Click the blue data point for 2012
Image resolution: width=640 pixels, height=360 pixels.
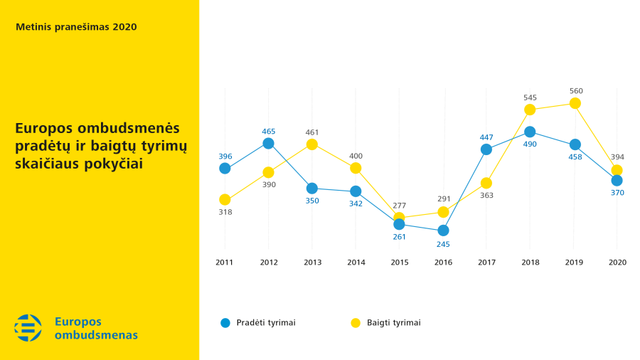click(x=268, y=143)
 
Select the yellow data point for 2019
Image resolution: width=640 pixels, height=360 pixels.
click(x=575, y=104)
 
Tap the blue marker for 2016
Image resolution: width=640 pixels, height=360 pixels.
click(x=443, y=231)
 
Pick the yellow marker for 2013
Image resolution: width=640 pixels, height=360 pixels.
click(x=311, y=144)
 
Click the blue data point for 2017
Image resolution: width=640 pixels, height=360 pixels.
click(x=486, y=149)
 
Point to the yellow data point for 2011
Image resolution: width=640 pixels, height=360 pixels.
click(x=225, y=200)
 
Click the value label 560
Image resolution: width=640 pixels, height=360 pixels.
click(x=576, y=91)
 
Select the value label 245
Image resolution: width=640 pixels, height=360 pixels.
click(x=443, y=244)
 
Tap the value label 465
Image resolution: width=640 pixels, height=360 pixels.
click(x=268, y=131)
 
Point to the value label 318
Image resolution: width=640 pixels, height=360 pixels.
click(x=225, y=212)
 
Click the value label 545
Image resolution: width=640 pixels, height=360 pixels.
click(x=530, y=97)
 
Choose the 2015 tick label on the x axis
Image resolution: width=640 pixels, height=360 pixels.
click(x=400, y=263)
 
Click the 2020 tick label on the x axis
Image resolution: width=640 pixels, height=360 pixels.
click(x=617, y=263)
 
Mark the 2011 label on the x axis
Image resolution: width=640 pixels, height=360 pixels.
click(x=225, y=263)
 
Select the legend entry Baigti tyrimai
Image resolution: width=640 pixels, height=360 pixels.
click(x=393, y=322)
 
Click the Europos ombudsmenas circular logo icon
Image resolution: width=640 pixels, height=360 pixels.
click(x=28, y=327)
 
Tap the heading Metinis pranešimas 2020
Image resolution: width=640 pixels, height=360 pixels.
click(x=76, y=27)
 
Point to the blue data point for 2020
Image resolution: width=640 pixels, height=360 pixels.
click(x=617, y=181)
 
